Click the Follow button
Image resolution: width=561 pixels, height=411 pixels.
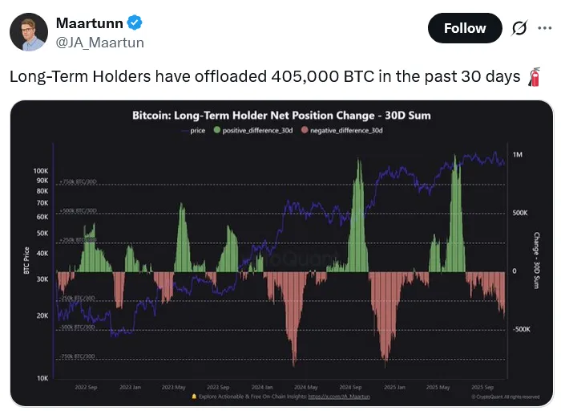465,28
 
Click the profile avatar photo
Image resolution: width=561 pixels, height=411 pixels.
28,31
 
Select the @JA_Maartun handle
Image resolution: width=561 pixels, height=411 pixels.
100,43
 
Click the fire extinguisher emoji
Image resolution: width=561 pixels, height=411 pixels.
535,77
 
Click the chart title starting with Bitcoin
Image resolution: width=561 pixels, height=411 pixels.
281,116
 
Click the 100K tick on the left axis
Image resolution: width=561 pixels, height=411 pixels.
41,171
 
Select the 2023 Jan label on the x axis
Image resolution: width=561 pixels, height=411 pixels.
130,386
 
